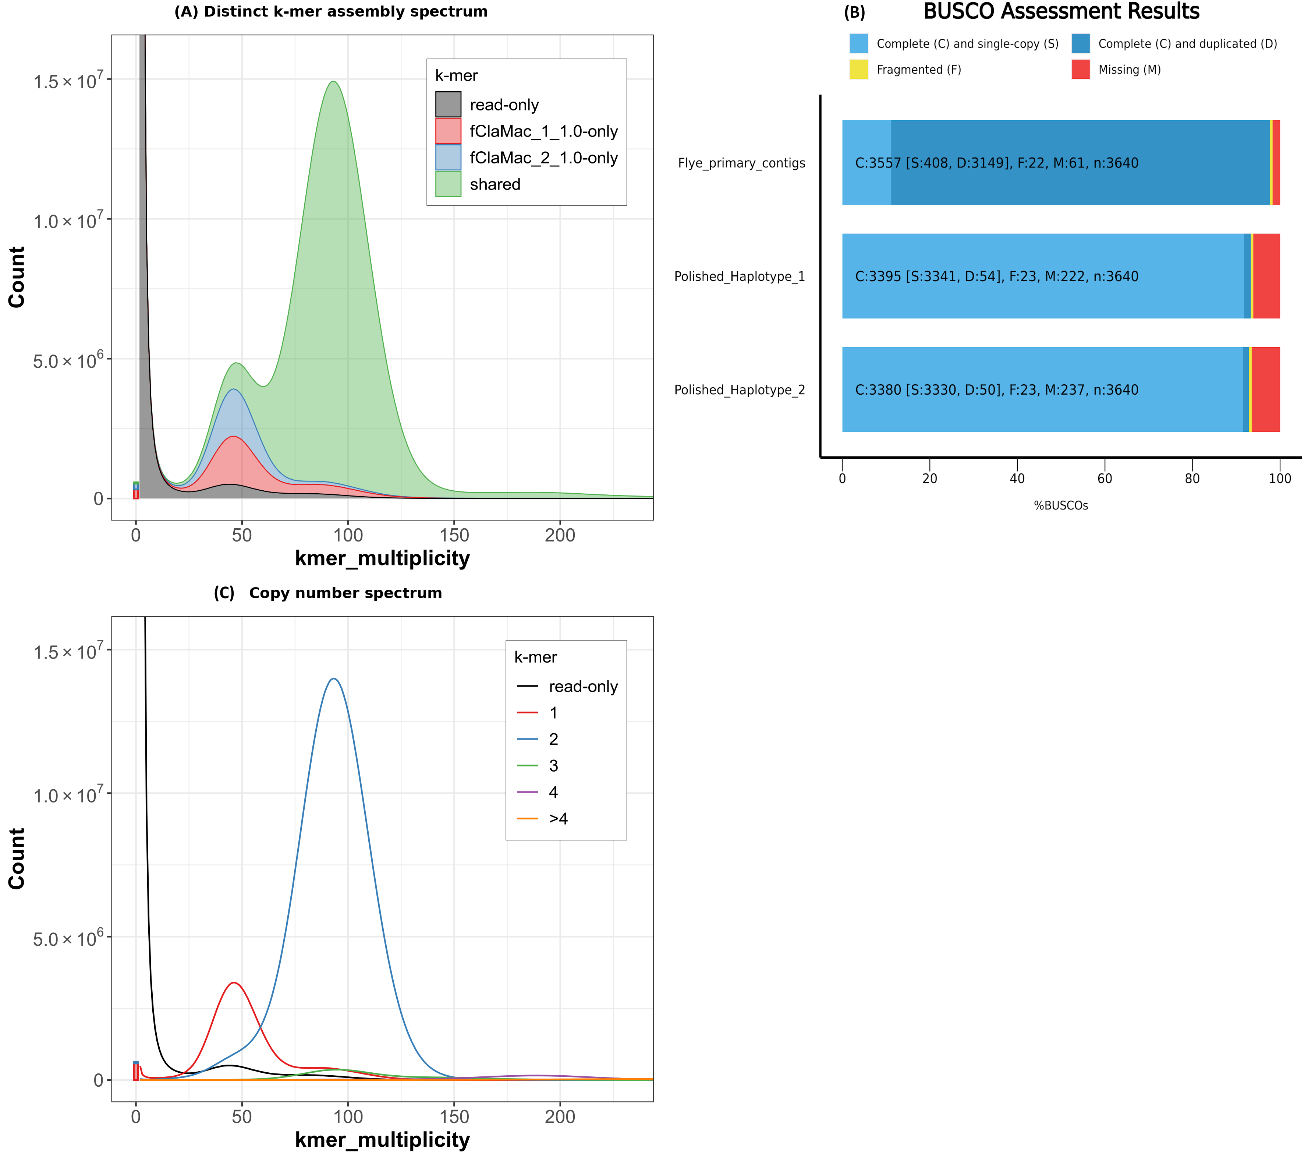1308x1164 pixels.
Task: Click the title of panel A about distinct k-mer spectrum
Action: coord(331,11)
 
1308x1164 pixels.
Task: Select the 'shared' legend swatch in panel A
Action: coord(448,184)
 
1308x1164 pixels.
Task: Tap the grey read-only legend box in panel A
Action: coord(448,105)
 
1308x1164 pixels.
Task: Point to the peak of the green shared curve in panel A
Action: coord(333,82)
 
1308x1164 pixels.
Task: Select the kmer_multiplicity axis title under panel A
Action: coord(382,558)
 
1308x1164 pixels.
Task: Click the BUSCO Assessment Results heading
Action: coord(1061,11)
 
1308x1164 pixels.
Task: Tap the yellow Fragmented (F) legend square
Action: coord(858,69)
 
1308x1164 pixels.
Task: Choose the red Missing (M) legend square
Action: coord(1080,69)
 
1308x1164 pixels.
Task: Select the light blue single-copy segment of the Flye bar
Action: coord(866,163)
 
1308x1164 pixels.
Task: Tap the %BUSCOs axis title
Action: coord(1060,505)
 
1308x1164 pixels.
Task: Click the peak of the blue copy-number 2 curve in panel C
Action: coord(333,679)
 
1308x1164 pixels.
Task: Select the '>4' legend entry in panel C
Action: coord(558,818)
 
